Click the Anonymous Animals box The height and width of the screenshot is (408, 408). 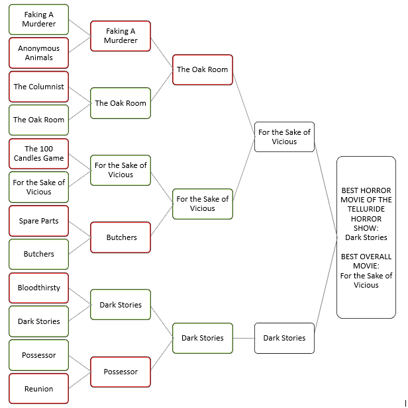click(x=38, y=53)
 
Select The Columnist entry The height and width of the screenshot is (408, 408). click(x=38, y=87)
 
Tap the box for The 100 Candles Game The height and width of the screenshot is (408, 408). click(x=38, y=153)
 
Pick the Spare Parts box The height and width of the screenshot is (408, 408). click(x=38, y=221)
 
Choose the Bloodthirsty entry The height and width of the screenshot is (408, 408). click(x=38, y=288)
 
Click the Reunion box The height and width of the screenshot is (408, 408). click(x=38, y=389)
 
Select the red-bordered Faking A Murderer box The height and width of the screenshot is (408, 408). click(x=120, y=36)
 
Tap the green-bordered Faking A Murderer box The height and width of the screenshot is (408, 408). click(x=38, y=19)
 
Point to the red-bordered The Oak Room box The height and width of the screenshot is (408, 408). click(x=202, y=69)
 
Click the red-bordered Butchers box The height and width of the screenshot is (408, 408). click(x=120, y=237)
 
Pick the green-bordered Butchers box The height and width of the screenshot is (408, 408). click(x=38, y=254)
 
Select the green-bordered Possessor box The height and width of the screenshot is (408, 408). click(x=38, y=355)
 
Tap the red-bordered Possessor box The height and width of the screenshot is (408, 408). click(x=120, y=372)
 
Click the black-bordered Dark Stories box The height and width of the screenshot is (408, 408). click(x=284, y=338)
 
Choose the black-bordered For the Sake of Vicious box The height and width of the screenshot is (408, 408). click(x=284, y=137)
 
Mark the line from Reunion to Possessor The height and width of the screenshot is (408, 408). click(x=79, y=380)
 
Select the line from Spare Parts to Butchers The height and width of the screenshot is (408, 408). click(x=79, y=229)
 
